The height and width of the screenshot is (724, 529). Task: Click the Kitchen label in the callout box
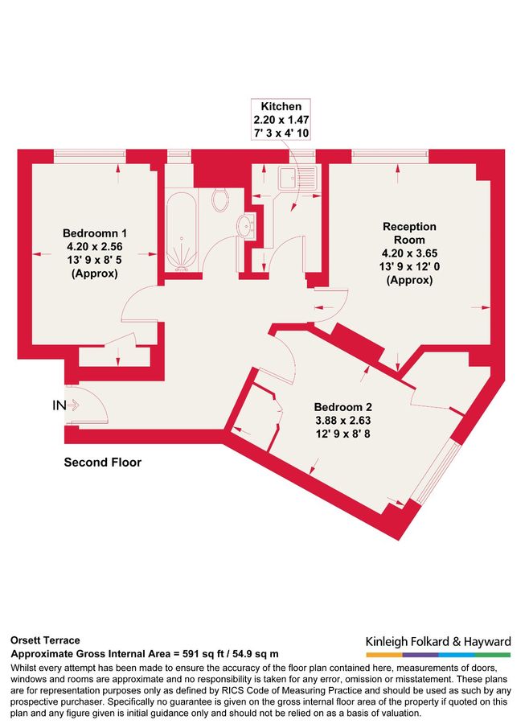276,106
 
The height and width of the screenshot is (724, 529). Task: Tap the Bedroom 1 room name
95,233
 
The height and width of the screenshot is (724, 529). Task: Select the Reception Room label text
409,233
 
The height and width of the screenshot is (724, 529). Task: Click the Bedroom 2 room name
343,407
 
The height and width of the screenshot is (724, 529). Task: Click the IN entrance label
59,406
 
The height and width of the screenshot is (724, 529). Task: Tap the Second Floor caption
102,463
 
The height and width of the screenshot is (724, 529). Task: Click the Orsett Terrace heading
45,640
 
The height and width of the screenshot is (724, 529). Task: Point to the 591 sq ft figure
188,654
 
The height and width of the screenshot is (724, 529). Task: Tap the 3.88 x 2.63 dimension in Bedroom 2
343,420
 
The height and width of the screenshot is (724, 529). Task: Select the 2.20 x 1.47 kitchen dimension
276,118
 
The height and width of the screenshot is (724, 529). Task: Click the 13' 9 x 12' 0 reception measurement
409,267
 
